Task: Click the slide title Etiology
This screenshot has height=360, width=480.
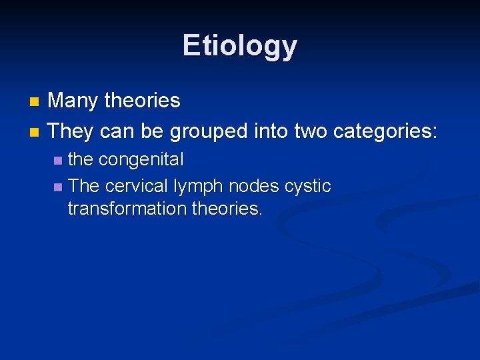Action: coord(239,46)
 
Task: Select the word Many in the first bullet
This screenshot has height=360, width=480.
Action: coord(72,101)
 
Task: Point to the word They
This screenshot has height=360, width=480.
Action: coord(71,131)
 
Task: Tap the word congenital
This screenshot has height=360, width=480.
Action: coord(141,160)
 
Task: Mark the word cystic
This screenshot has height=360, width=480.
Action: coord(307,186)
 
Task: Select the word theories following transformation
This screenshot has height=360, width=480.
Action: coord(227,209)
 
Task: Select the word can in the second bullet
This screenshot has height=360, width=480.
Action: coord(118,131)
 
